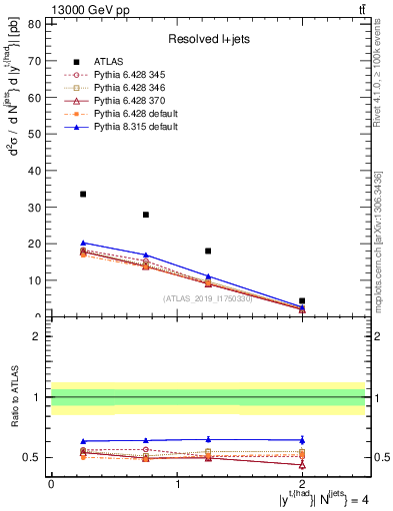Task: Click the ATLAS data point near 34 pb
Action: point(83,194)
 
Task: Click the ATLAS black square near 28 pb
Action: point(146,215)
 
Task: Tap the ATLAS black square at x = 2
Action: point(302,300)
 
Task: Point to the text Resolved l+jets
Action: point(207,39)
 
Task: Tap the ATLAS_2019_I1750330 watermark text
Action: point(207,298)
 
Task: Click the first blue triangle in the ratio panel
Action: point(83,441)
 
